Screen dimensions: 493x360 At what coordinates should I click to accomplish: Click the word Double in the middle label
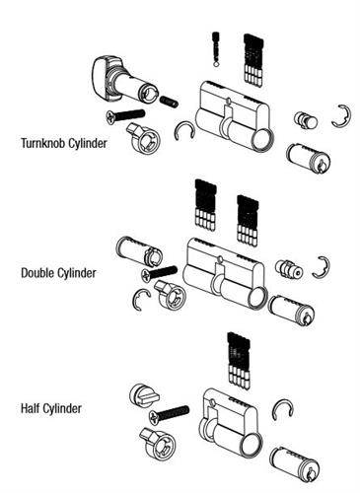coord(37,272)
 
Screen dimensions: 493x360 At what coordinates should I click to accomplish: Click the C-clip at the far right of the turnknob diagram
coord(343,114)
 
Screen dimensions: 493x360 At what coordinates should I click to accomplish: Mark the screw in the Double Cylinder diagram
coord(158,270)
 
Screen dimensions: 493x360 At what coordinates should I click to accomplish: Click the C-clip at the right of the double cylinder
coord(321,265)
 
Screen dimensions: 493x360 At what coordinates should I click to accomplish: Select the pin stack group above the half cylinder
coord(236,362)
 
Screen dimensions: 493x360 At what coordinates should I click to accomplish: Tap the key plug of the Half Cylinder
coord(309,461)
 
